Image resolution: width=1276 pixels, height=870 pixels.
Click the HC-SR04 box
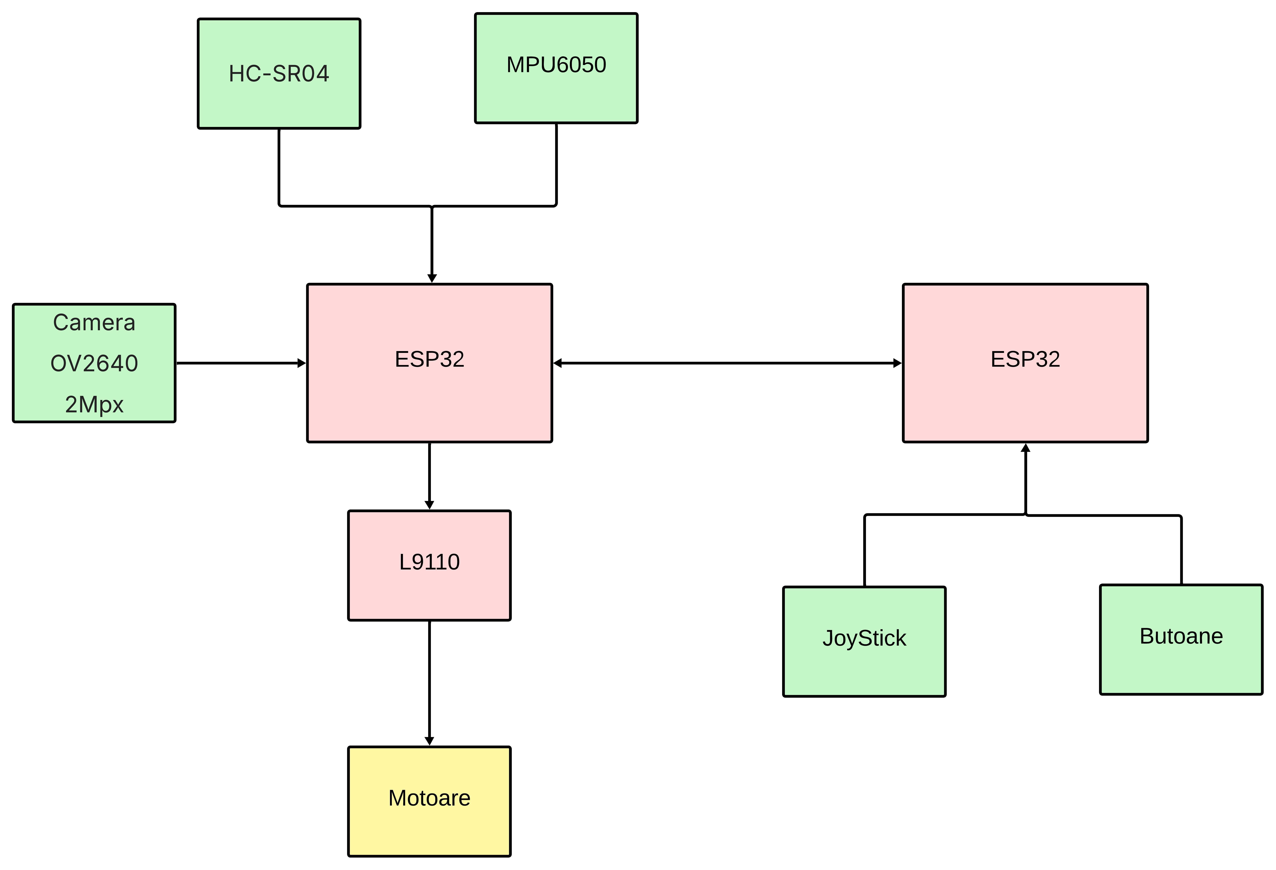(x=279, y=74)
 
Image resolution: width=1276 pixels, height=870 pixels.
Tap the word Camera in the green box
(x=94, y=322)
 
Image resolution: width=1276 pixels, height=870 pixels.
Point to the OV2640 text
(x=94, y=363)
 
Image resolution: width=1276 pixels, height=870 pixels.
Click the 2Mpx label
(x=94, y=404)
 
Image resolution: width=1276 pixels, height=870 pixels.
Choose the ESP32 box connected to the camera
(x=429, y=362)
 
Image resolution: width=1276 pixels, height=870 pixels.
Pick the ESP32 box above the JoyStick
(x=1025, y=362)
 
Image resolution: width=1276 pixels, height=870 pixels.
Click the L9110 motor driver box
(x=429, y=565)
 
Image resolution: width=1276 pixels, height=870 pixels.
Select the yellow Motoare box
(x=429, y=801)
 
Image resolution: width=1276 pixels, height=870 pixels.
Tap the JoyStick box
(x=864, y=642)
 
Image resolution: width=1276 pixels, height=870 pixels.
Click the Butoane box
(x=1181, y=639)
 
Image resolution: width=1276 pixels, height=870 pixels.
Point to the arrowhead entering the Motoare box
(x=429, y=741)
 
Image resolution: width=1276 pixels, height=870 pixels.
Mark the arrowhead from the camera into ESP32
(x=301, y=363)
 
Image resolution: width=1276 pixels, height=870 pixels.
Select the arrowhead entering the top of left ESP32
(x=432, y=278)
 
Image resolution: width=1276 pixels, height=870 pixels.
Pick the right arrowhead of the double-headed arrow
(x=897, y=363)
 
